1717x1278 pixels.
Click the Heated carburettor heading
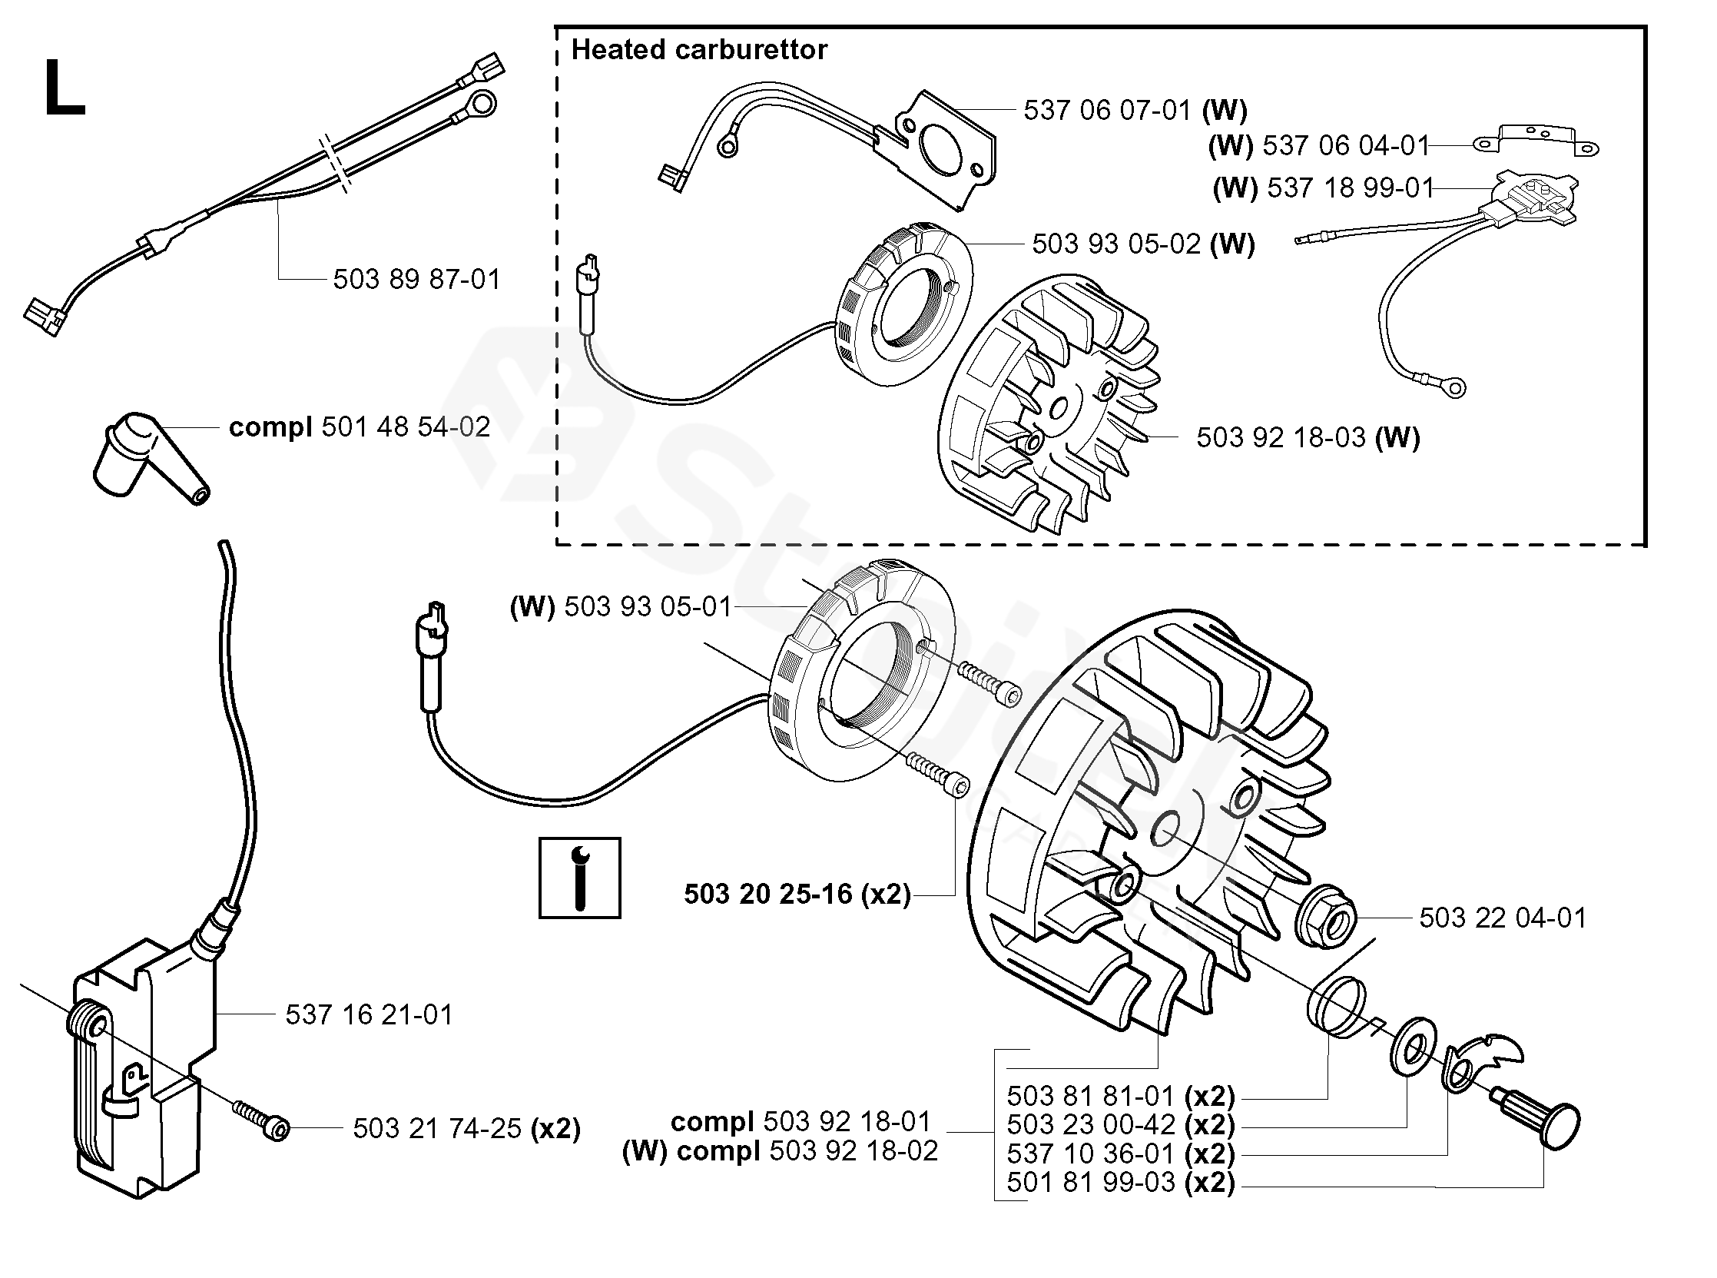(x=698, y=50)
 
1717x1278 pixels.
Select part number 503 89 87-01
(x=416, y=279)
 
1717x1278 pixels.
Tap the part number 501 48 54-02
(x=360, y=427)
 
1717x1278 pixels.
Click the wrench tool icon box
(x=579, y=878)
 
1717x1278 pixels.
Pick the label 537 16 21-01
(x=369, y=1014)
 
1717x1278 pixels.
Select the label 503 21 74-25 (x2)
(x=466, y=1129)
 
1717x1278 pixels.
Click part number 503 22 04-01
(x=1502, y=918)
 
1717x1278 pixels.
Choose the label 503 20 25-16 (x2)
(x=797, y=895)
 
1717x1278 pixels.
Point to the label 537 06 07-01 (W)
(x=1135, y=111)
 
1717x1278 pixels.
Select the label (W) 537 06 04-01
(x=1318, y=145)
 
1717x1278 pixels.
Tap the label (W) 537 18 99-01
(x=1323, y=188)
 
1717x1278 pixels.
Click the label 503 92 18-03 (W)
(x=1307, y=438)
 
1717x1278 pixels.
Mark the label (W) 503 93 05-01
(x=620, y=607)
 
